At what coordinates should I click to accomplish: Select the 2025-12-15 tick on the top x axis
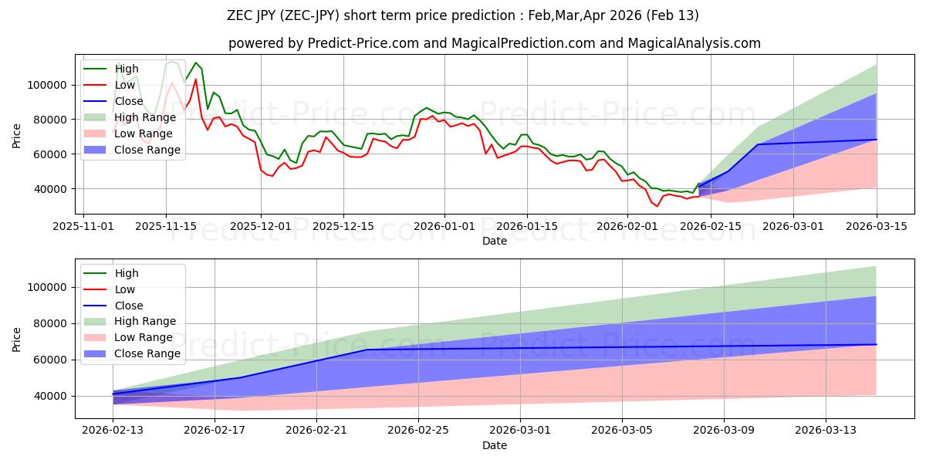coord(343,226)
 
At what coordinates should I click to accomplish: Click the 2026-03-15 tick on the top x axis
coord(876,226)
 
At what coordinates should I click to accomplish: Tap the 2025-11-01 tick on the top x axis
coord(83,226)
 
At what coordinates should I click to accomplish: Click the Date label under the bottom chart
coord(495,445)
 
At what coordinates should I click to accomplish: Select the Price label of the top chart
coord(17,136)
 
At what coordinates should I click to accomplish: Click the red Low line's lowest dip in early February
coord(657,206)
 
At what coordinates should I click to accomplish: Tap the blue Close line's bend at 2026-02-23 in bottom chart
coord(367,350)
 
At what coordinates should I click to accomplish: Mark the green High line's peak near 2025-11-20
coord(195,63)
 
